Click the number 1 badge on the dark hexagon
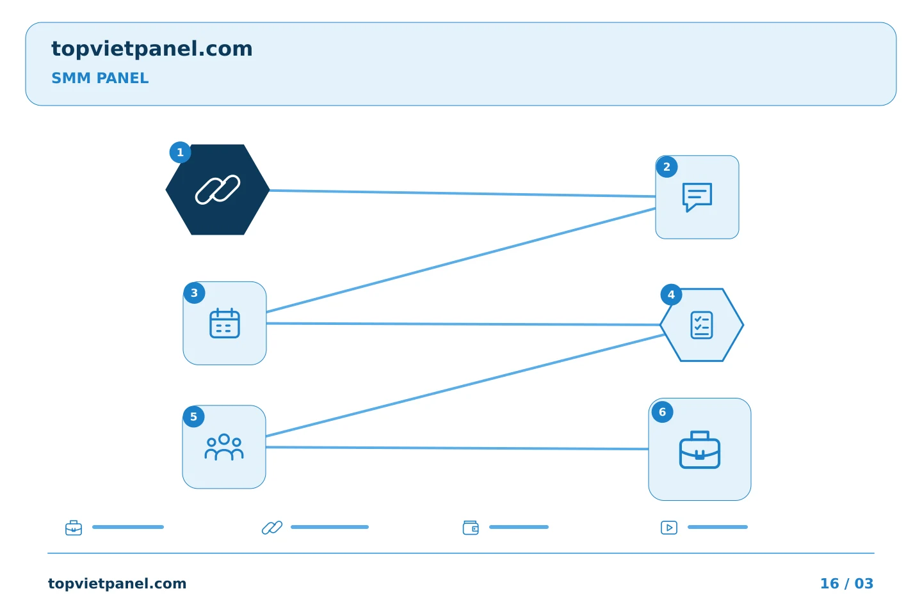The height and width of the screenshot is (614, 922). tap(180, 153)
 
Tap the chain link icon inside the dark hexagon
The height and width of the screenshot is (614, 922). tap(217, 189)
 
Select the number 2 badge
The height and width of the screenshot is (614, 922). tap(667, 167)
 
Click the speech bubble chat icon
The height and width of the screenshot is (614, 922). tap(697, 198)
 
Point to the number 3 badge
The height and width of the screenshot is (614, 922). tap(194, 293)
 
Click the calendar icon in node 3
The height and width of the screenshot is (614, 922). tap(225, 323)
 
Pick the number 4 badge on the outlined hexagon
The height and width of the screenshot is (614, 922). tap(671, 295)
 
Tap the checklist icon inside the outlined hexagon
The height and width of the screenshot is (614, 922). tap(702, 325)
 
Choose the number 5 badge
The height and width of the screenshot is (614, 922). tap(193, 416)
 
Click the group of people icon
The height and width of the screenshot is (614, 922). tap(224, 447)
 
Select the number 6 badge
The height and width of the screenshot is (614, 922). tap(662, 412)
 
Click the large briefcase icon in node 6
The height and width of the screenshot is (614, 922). tap(700, 450)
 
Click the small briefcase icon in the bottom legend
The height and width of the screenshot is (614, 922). tap(74, 528)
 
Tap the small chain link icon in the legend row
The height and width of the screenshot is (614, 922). tap(272, 528)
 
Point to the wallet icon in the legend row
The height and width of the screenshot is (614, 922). tap(471, 528)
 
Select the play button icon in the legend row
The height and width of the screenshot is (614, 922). tap(669, 528)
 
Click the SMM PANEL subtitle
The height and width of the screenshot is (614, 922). tap(100, 78)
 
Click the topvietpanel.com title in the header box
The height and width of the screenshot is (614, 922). tap(152, 49)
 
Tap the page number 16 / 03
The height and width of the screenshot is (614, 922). tap(846, 583)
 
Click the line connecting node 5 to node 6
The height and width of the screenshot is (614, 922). tap(457, 448)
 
